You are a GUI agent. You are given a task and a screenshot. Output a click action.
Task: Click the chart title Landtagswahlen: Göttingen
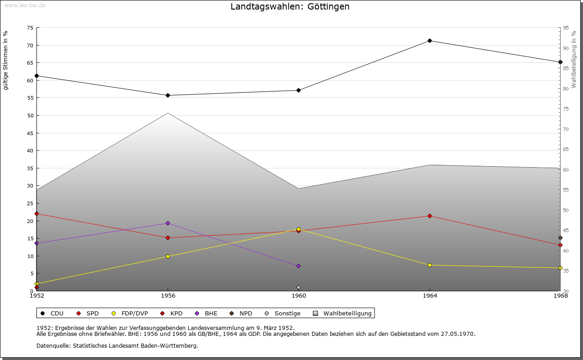[x=290, y=6]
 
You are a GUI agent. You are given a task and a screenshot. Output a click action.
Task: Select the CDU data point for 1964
[x=430, y=41]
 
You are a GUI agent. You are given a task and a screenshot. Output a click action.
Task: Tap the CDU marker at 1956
[x=168, y=96]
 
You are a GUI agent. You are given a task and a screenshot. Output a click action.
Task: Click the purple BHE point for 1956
[x=168, y=223]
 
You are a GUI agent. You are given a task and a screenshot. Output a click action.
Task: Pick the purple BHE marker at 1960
[x=298, y=266]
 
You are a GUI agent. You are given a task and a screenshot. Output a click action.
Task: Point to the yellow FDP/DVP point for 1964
[x=430, y=265]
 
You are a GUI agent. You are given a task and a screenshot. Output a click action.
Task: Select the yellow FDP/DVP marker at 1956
[x=168, y=257]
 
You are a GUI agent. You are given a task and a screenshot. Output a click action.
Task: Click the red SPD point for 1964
[x=430, y=216]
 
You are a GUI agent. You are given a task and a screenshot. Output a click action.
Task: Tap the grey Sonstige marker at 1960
[x=298, y=288]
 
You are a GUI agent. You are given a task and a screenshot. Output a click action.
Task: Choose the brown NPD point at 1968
[x=560, y=238]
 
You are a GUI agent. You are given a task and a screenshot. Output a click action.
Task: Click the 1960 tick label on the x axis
[x=298, y=296]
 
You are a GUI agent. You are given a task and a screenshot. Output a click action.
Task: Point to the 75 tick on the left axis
[x=30, y=28]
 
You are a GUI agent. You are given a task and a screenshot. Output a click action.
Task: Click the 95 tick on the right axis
[x=566, y=28]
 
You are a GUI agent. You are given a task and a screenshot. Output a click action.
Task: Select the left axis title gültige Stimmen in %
[x=6, y=60]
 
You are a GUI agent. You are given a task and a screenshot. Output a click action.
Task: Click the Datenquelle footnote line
[x=117, y=346]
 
